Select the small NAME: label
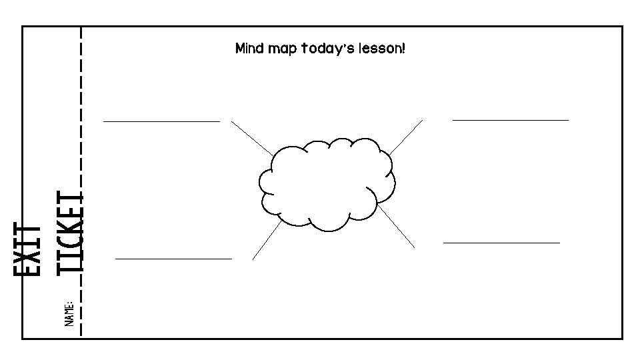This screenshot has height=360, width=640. point(69,313)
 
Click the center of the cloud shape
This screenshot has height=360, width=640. point(327,183)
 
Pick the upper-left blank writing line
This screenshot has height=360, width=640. point(161,121)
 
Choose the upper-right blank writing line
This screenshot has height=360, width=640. point(511,120)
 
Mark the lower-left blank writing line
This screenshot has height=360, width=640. point(173,258)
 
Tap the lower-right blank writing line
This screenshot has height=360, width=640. point(501,243)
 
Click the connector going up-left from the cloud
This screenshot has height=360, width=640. point(252,138)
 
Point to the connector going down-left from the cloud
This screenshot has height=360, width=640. point(267,240)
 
